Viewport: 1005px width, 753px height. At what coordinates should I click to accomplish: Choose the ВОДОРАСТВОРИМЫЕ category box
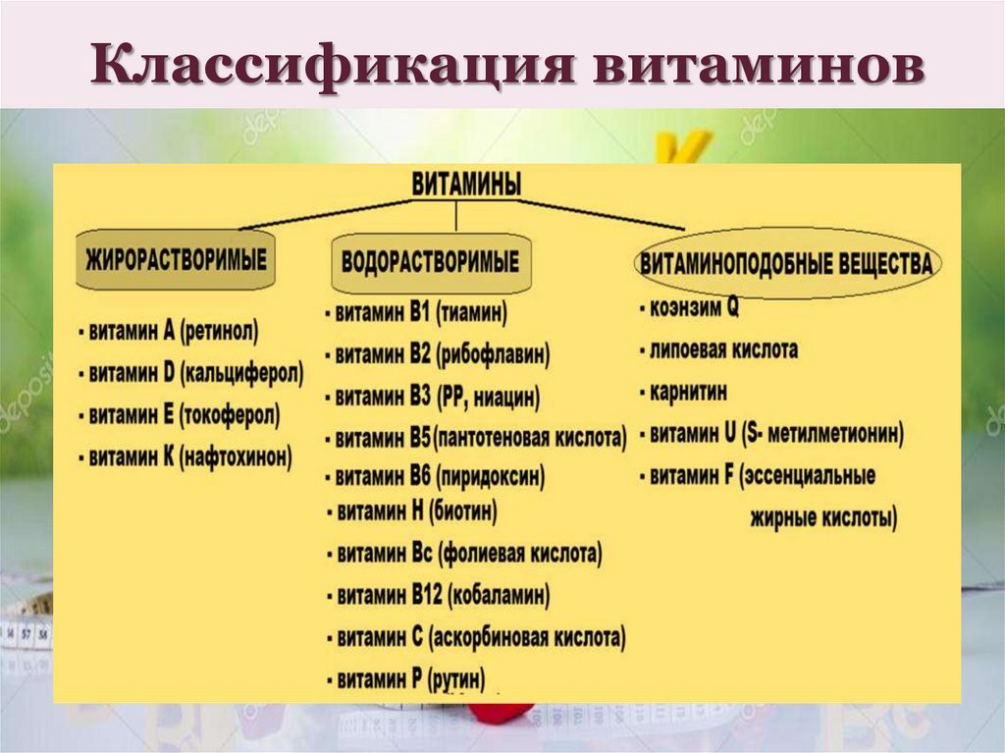(431, 263)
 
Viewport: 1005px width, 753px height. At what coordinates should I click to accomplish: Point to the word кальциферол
(241, 374)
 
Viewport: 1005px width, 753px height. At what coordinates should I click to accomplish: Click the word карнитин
(689, 391)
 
